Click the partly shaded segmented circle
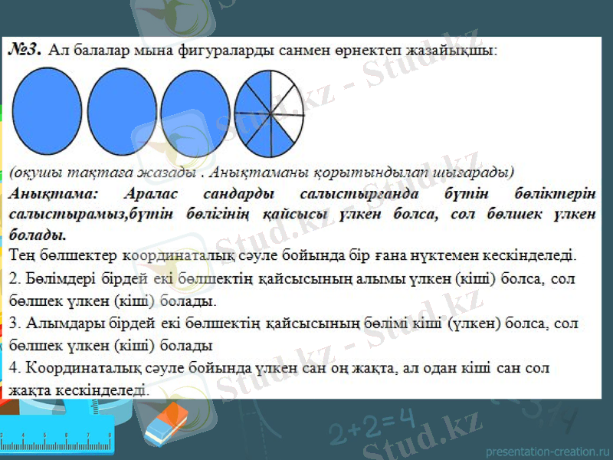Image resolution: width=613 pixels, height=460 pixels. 267,109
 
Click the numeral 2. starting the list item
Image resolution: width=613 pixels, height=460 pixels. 16,277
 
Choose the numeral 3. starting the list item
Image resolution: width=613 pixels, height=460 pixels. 16,323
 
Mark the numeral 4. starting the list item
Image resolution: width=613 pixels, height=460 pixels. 16,368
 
